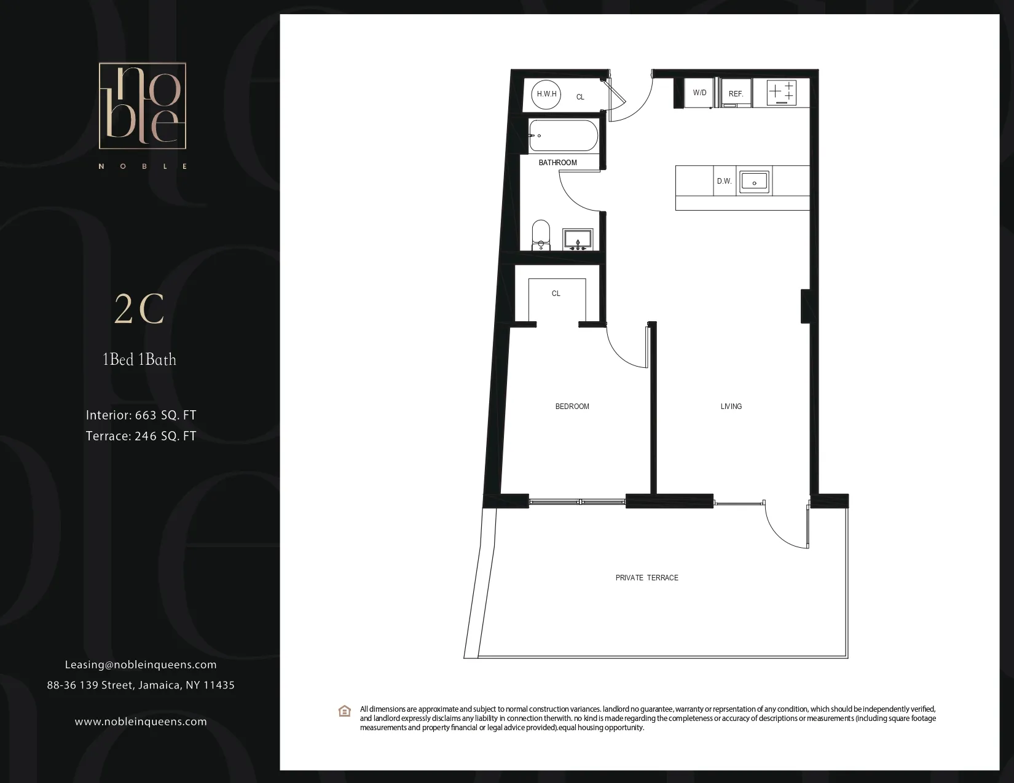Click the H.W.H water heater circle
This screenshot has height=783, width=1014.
546,94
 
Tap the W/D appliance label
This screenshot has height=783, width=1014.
699,93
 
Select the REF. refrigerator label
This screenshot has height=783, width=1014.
736,94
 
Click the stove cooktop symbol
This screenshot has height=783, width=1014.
782,93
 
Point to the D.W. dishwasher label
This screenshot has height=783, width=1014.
724,181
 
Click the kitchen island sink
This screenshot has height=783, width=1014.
754,181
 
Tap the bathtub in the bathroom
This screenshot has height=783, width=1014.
563,136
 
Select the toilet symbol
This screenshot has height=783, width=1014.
541,235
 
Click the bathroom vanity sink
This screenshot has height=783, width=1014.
577,239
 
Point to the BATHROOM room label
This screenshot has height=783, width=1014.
557,163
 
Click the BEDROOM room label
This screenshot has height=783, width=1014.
572,407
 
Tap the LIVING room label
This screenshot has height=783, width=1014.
731,407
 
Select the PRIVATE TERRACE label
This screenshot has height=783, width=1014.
647,578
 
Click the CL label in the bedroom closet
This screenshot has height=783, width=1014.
556,294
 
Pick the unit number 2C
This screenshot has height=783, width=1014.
140,310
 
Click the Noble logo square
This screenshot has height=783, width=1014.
143,106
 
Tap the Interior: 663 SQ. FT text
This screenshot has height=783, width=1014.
141,415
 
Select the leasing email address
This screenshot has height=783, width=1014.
141,664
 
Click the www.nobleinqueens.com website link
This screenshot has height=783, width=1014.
141,722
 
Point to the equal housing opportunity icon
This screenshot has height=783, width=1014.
345,711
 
